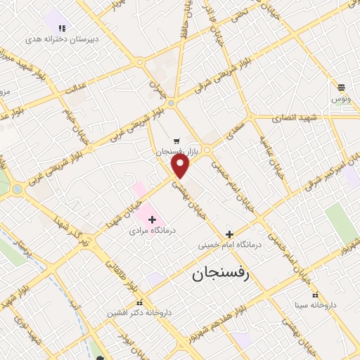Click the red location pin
pos(181,166)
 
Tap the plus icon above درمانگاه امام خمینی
pos(229,234)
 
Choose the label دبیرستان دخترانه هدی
pos(62,39)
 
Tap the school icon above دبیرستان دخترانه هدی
pos(62,29)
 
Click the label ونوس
pos(341,99)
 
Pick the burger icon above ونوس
pos(341,88)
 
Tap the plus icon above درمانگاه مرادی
pos(152,220)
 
